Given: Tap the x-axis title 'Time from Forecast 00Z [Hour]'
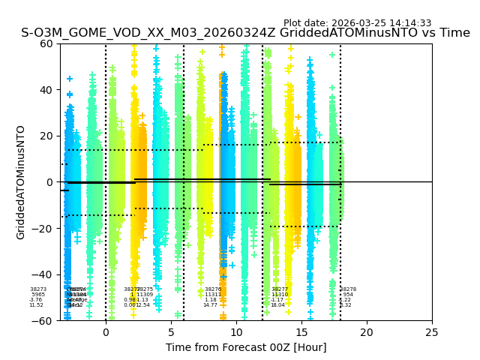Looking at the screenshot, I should coord(246,347).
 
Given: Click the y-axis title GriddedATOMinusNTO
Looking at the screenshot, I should coord(21,182).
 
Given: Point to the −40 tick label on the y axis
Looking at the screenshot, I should coord(43,274).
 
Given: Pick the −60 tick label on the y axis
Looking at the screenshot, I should coord(43,320).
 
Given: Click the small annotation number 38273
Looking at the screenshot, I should coord(38,289).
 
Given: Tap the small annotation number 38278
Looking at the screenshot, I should coord(348,289).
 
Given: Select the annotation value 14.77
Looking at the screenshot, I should coord(211,305).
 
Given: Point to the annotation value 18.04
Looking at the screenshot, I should coord(277,305).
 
